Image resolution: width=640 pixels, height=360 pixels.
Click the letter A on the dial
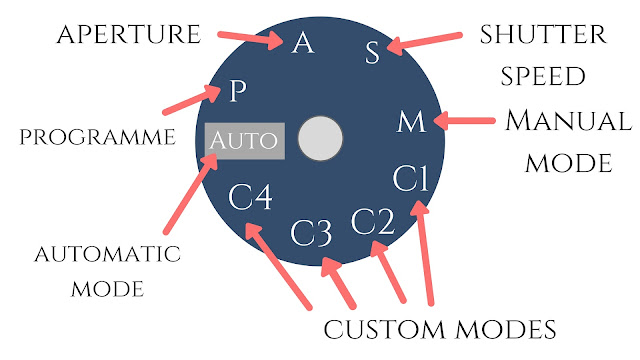[303, 43]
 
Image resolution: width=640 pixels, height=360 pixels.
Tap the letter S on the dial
[372, 52]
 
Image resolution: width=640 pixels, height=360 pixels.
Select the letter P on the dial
[238, 91]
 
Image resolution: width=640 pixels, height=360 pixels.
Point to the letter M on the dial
[411, 122]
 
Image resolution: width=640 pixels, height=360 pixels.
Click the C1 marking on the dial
[411, 178]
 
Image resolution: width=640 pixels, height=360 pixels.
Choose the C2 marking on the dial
[373, 222]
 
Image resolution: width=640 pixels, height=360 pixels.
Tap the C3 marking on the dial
[311, 233]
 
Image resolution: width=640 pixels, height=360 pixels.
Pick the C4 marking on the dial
[250, 197]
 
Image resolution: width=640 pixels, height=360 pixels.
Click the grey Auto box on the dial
[245, 141]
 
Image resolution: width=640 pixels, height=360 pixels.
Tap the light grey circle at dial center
[320, 138]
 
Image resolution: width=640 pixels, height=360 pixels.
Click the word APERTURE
[129, 34]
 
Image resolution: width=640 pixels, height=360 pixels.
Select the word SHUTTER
[543, 34]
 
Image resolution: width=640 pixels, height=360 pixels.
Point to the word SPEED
[543, 76]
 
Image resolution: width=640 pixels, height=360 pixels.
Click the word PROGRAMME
[98, 137]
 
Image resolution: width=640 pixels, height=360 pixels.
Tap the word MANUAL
[569, 121]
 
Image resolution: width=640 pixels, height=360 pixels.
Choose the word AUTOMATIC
[107, 254]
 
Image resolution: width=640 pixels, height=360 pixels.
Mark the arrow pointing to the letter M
[464, 121]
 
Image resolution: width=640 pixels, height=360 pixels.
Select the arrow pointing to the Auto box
[191, 194]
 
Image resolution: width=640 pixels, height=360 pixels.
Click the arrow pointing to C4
[278, 266]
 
